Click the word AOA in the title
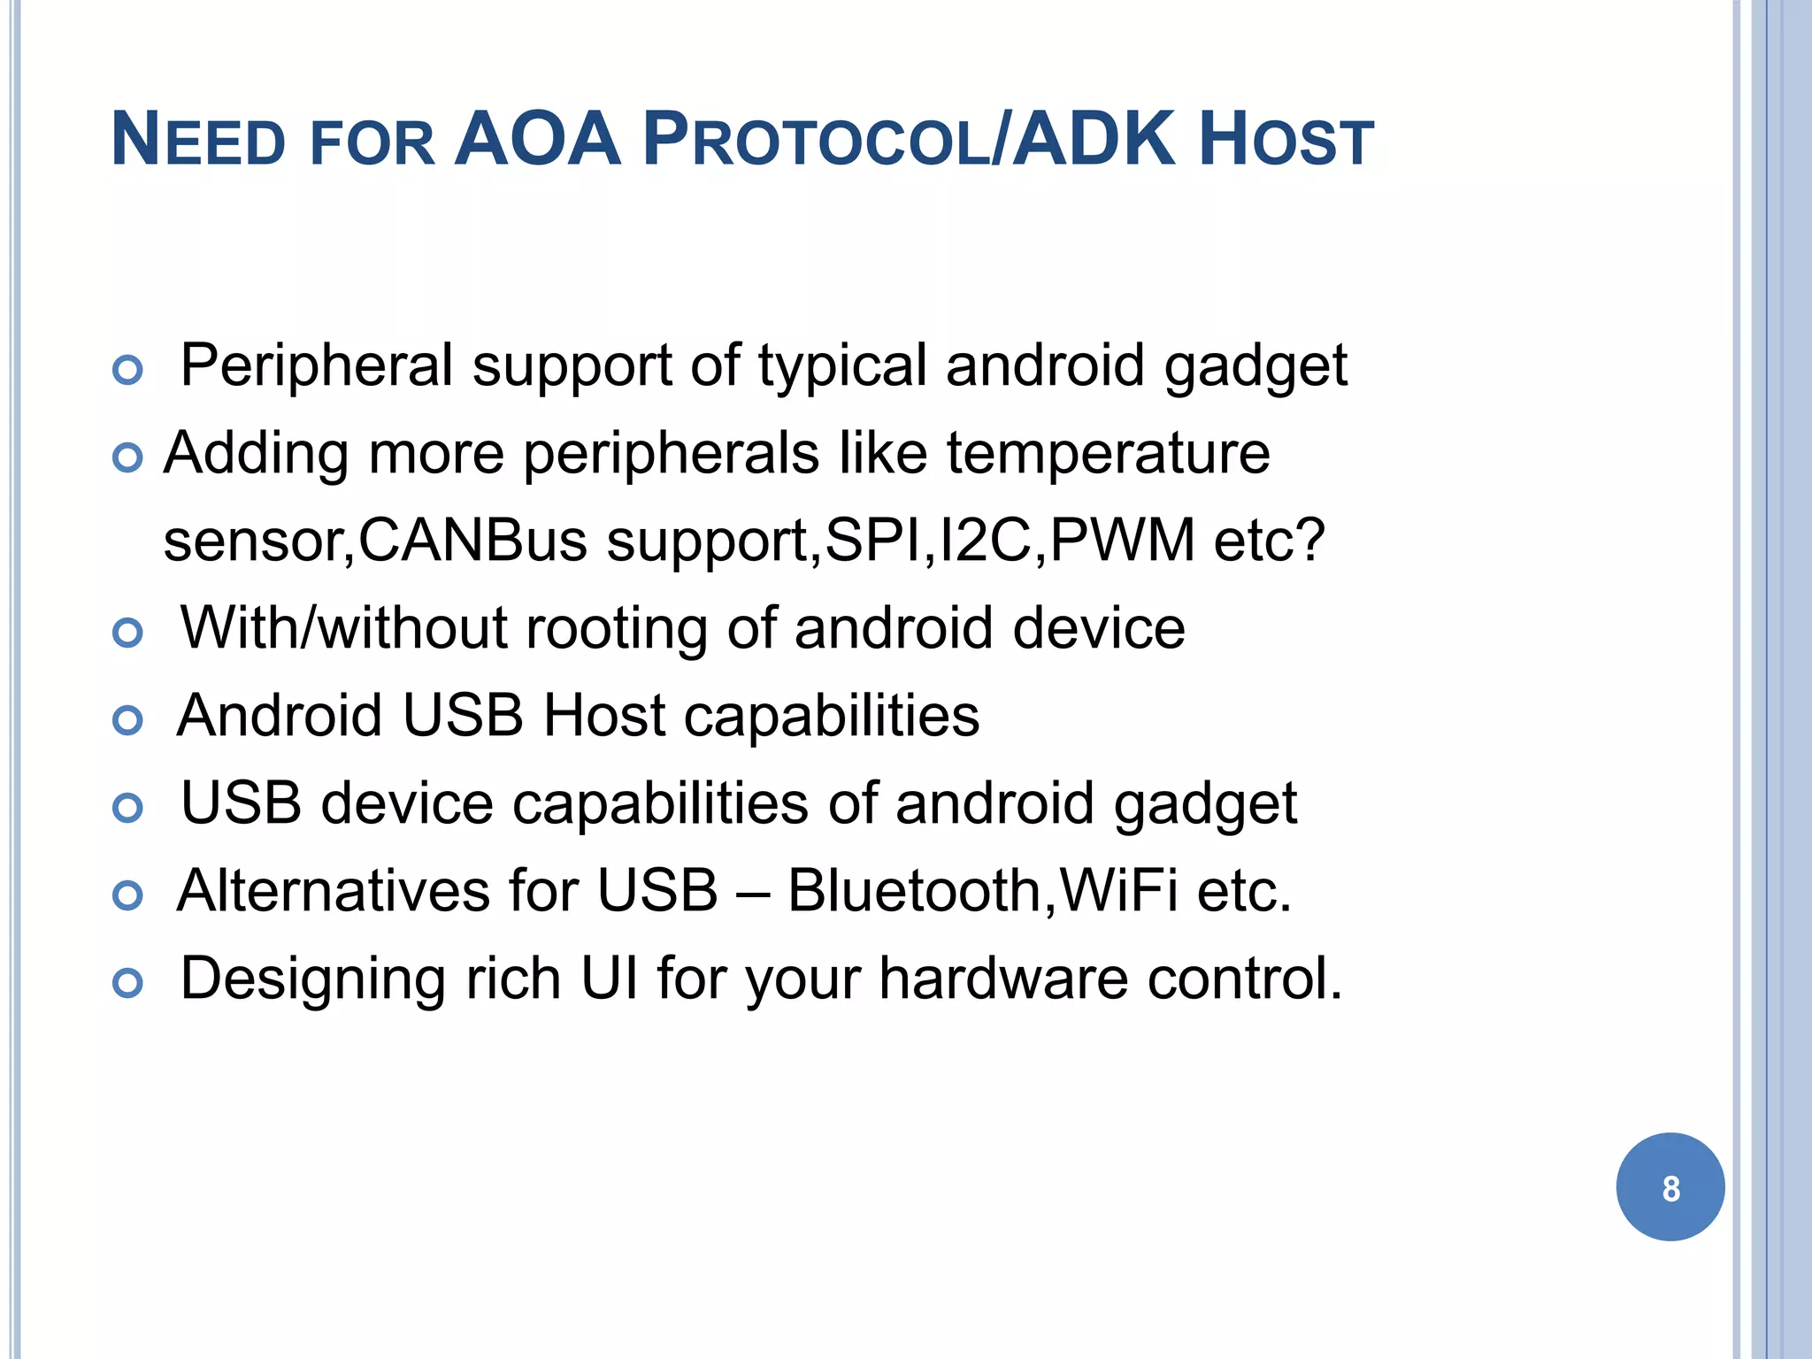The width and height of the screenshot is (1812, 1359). click(x=537, y=140)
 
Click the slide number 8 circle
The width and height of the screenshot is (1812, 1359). click(x=1670, y=1187)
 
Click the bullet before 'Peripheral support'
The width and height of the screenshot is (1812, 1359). click(x=128, y=370)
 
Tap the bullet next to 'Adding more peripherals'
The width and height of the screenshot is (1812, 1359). click(x=128, y=457)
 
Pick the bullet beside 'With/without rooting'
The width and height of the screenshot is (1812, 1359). click(x=128, y=633)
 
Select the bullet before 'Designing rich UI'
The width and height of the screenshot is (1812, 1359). click(x=128, y=983)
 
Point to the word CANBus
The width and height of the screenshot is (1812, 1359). click(x=472, y=541)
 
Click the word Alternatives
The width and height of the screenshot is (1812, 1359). click(x=334, y=891)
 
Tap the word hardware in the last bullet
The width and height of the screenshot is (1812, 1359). click(x=1003, y=979)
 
